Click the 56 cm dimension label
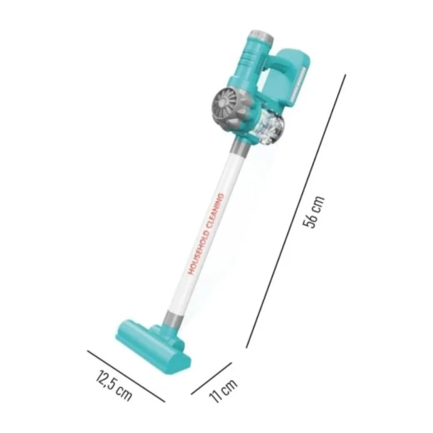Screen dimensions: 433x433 (x=313, y=212)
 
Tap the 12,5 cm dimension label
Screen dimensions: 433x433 (x=114, y=385)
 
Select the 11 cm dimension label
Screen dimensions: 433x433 (x=224, y=390)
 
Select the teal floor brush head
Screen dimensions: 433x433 (x=153, y=345)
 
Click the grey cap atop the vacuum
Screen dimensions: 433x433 (x=262, y=37)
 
